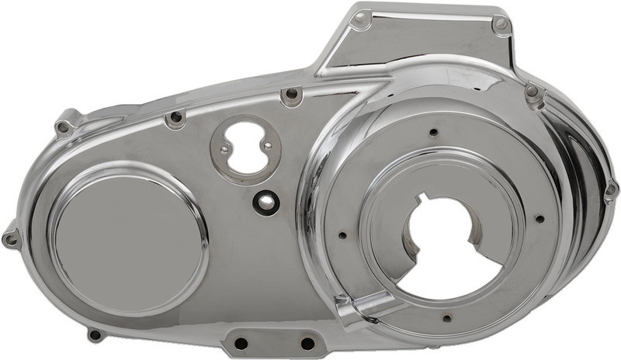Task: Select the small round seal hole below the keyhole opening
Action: [x=265, y=202]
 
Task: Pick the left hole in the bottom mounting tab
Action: [x=241, y=342]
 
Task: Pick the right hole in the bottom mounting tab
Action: [x=307, y=342]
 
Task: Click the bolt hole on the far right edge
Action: [x=610, y=189]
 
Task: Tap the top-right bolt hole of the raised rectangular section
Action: [x=501, y=25]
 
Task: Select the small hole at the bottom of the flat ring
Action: [x=446, y=317]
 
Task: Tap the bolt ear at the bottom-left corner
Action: [x=95, y=334]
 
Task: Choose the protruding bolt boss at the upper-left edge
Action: [x=64, y=126]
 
